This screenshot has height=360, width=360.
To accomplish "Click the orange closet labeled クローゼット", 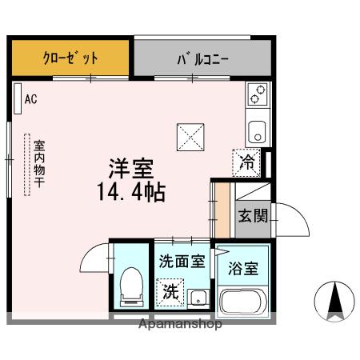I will (70, 58).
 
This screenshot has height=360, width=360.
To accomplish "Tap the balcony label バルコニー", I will (202, 58).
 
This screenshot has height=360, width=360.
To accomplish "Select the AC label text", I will (31, 99).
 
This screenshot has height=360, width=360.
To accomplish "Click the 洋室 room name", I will (131, 170).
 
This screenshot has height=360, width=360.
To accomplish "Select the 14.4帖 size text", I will (131, 193).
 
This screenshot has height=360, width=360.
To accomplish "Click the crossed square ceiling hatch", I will (190, 137).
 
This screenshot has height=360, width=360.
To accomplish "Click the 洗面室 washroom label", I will (181, 260).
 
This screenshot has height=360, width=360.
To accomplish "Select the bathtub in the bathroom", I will (243, 302).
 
